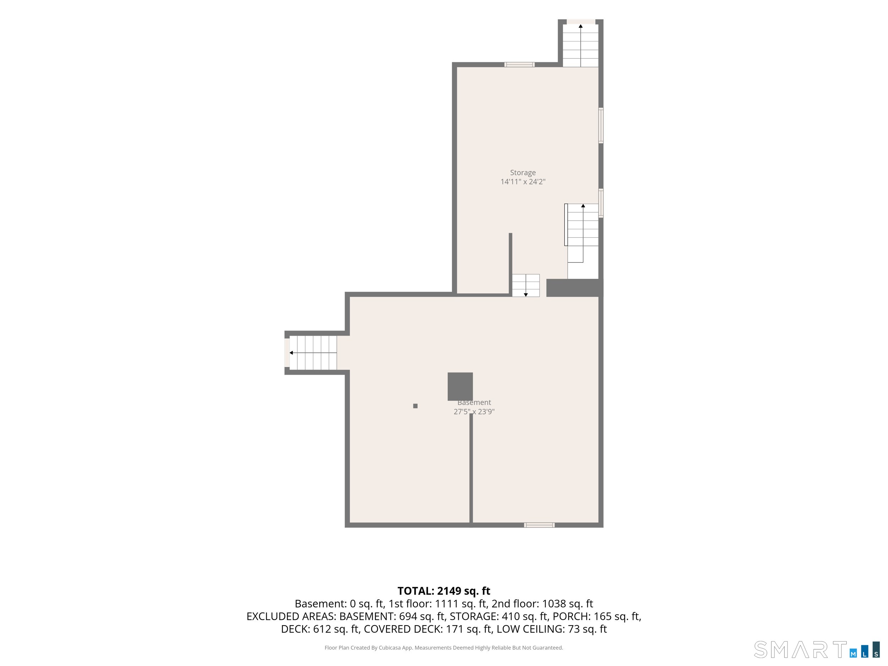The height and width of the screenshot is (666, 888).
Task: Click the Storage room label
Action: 523,173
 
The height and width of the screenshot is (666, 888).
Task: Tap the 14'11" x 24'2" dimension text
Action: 523,182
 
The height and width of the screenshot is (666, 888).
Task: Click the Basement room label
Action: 474,402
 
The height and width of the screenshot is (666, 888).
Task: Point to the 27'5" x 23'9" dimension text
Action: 474,411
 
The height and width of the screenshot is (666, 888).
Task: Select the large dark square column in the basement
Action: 460,386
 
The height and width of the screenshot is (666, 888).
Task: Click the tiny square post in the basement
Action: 416,406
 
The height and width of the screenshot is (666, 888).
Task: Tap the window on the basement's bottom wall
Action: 540,525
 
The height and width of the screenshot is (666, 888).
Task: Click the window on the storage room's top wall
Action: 519,65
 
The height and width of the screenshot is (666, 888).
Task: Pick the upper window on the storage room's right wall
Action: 601,125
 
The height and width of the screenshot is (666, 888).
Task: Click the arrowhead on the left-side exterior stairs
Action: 291,353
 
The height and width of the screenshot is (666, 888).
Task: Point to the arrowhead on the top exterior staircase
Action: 580,26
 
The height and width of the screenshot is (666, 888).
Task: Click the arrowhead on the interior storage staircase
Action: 583,206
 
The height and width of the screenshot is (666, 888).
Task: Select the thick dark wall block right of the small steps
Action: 574,288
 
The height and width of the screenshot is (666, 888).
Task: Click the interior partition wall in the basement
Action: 471,468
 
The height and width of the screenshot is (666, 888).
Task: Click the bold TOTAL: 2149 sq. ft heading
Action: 444,591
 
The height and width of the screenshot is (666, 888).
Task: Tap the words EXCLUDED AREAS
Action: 292,616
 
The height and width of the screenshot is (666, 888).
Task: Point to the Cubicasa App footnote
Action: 444,648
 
